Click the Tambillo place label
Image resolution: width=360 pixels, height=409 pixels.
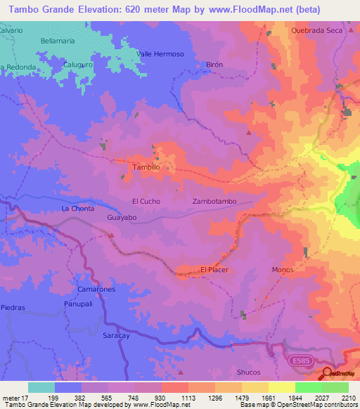coord(147,167)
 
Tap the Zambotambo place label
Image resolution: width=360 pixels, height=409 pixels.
coord(214,201)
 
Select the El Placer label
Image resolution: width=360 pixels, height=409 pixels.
coord(214,269)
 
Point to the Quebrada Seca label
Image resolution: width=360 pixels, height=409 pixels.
coord(316,30)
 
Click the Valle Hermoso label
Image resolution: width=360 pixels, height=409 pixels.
coord(160,54)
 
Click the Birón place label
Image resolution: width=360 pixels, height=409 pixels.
coord(214,64)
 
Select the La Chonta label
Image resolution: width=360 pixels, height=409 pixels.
coord(77,209)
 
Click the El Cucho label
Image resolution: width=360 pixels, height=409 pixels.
coord(146,201)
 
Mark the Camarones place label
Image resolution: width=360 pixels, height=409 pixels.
coord(97,289)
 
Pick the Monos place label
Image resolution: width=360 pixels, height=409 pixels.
coord(282,269)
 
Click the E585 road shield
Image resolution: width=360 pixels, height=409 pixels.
coord(297,359)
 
